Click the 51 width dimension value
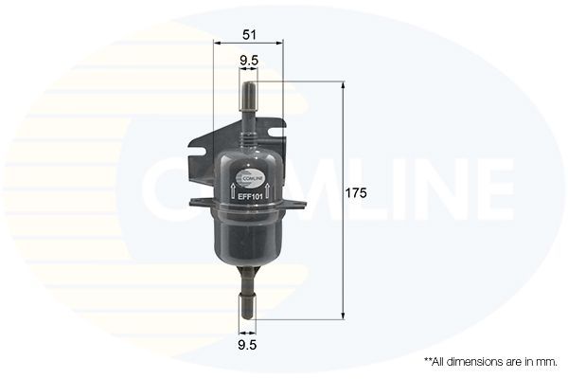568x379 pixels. coord(249,34)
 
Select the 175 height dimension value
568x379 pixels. coord(355,192)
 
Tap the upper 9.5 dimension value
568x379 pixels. coord(249,62)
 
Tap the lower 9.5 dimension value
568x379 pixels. coord(248,345)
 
